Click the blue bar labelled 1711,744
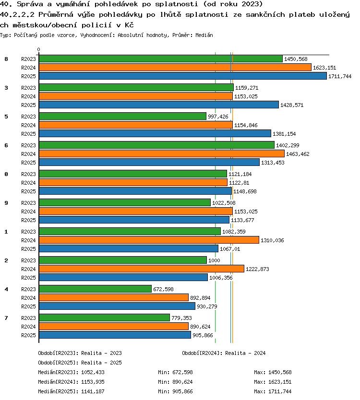(183, 76)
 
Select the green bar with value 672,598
(95, 289)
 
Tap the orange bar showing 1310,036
(149, 240)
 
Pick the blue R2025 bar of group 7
(115, 335)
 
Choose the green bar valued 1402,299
(157, 145)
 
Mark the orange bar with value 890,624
(114, 326)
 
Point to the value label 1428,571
(292, 105)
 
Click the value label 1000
(214, 260)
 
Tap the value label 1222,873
(257, 269)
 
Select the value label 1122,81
(239, 183)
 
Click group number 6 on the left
(6, 145)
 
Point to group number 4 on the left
(6, 289)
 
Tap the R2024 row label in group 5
(28, 125)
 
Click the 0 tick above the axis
(38, 49)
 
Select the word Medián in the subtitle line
(204, 35)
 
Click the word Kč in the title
(129, 25)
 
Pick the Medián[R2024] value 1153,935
(93, 382)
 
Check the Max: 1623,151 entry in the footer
(273, 382)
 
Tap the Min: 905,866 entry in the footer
(175, 391)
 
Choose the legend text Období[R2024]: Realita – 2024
(224, 353)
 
